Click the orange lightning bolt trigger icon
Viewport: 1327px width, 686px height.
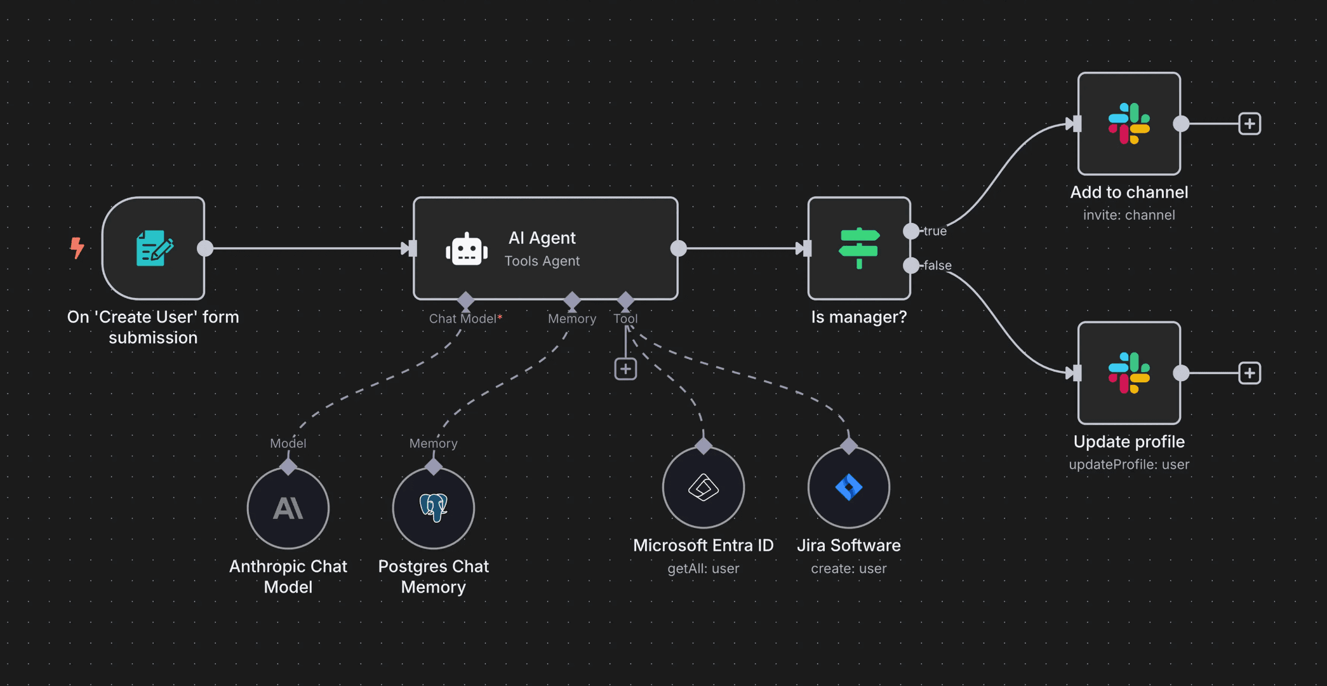[x=77, y=248]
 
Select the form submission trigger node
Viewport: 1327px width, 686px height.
[x=154, y=248]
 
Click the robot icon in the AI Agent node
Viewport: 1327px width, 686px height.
[x=467, y=249]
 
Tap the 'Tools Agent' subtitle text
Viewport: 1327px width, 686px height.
[x=542, y=261]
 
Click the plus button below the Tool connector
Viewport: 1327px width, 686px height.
[x=625, y=369]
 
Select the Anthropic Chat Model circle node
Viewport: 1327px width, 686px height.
[x=288, y=508]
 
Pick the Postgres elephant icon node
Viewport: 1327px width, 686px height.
[x=434, y=508]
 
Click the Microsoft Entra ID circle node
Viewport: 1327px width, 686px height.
[x=703, y=488]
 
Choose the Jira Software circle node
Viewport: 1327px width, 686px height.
[x=848, y=488]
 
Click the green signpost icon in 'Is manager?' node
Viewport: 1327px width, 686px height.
[x=858, y=248]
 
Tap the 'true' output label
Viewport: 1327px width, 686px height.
[x=935, y=231]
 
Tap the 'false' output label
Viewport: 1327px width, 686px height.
[x=937, y=266]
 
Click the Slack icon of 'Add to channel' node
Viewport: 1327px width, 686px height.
[x=1129, y=124]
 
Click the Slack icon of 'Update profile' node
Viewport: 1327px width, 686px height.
[x=1129, y=373]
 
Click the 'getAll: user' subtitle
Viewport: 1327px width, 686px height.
[x=703, y=568]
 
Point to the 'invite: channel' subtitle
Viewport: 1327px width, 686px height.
[x=1129, y=215]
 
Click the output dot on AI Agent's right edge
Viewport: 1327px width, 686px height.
[x=679, y=248]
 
